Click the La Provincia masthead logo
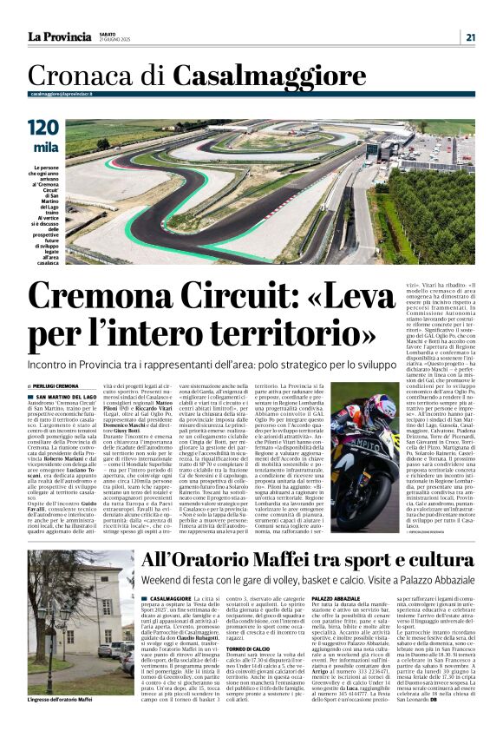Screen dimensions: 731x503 [59, 36]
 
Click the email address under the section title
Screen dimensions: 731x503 [62, 93]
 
